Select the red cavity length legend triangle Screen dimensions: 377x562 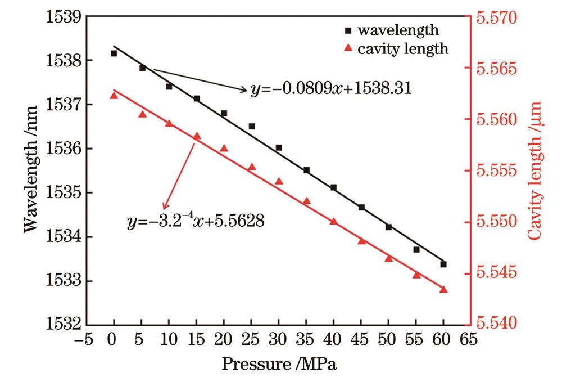click(x=348, y=49)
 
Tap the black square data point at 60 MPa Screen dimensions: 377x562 click(x=443, y=264)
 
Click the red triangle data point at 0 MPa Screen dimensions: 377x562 click(x=114, y=95)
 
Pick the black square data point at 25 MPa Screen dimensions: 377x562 click(x=252, y=126)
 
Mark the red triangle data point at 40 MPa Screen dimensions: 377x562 click(x=333, y=221)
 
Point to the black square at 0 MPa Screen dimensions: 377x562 click(x=114, y=53)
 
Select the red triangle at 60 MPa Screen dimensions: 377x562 click(x=443, y=289)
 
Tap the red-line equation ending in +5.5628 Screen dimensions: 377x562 click(x=196, y=221)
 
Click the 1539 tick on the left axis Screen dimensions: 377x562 click(x=62, y=17)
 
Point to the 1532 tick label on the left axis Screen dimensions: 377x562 click(x=62, y=325)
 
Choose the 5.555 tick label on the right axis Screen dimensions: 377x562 click(x=498, y=171)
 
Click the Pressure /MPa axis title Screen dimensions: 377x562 click(x=278, y=364)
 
